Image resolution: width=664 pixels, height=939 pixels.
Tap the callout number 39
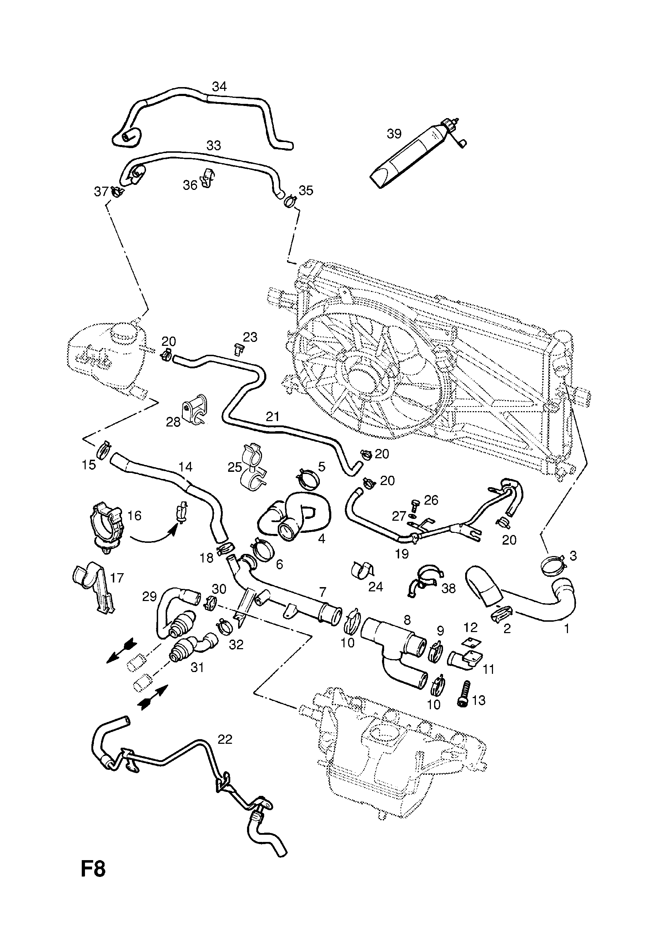[394, 134]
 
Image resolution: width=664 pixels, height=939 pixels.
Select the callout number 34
[219, 86]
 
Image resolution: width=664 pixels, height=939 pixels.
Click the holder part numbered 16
[106, 525]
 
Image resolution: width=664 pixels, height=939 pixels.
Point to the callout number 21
[272, 417]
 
